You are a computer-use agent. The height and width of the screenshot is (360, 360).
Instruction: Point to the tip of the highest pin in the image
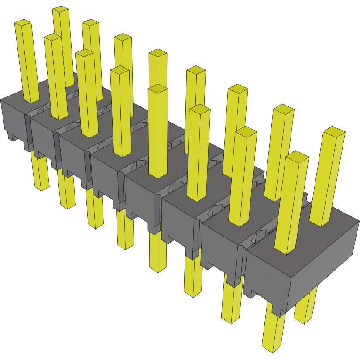[61, 10]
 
